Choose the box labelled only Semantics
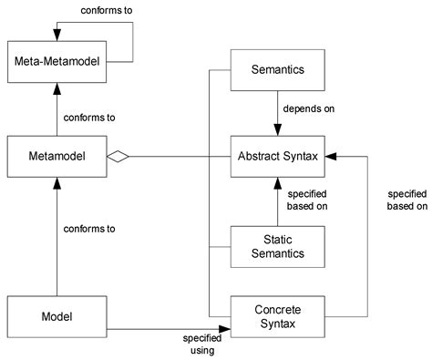(276, 69)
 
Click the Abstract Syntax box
(276, 157)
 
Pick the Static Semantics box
(276, 246)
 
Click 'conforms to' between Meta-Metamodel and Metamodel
(88, 118)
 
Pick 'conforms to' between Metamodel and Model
(88, 229)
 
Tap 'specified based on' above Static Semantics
(307, 200)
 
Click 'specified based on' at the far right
(406, 200)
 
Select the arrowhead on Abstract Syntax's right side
(330, 157)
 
